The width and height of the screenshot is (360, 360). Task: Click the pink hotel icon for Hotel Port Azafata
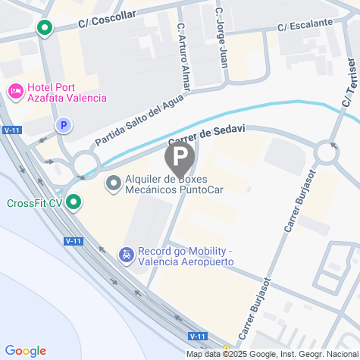pos(15,91)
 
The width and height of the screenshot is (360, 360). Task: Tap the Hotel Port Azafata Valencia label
pos(66,92)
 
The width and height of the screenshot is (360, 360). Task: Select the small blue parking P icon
pos(64,125)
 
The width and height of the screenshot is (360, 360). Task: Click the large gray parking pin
pos(179,158)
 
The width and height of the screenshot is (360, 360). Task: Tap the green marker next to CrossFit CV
pos(74,202)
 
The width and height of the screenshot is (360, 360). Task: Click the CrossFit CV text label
pos(34,203)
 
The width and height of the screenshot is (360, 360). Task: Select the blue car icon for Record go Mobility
pos(125,256)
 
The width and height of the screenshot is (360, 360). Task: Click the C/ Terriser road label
pos(349,84)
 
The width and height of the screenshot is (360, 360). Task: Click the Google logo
pos(25,351)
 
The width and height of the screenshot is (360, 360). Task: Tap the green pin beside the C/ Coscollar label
pos(44,29)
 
